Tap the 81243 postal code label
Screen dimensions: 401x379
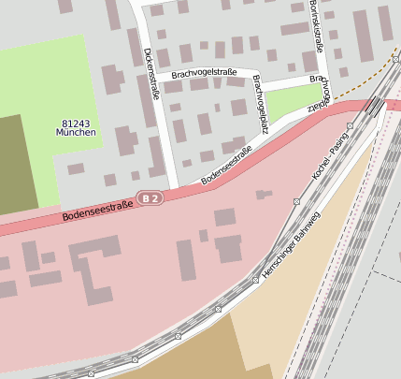(x=76, y=123)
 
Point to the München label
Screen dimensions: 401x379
(x=76, y=133)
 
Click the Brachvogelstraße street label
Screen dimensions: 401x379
(x=204, y=73)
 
